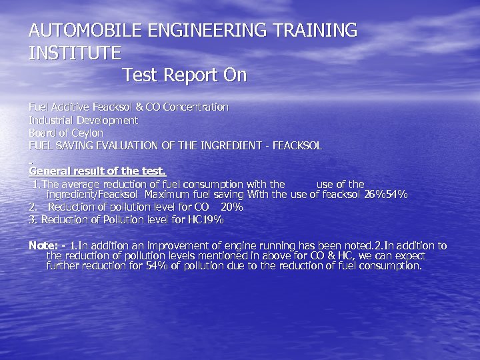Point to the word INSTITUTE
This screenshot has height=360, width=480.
pyautogui.click(x=75, y=53)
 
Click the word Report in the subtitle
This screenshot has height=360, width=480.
pyautogui.click(x=189, y=75)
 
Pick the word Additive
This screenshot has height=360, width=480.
pyautogui.click(x=71, y=107)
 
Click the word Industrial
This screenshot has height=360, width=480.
pyautogui.click(x=50, y=121)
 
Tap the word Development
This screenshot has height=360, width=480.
pyautogui.click(x=106, y=121)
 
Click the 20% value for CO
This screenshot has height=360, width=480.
pyautogui.click(x=231, y=207)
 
